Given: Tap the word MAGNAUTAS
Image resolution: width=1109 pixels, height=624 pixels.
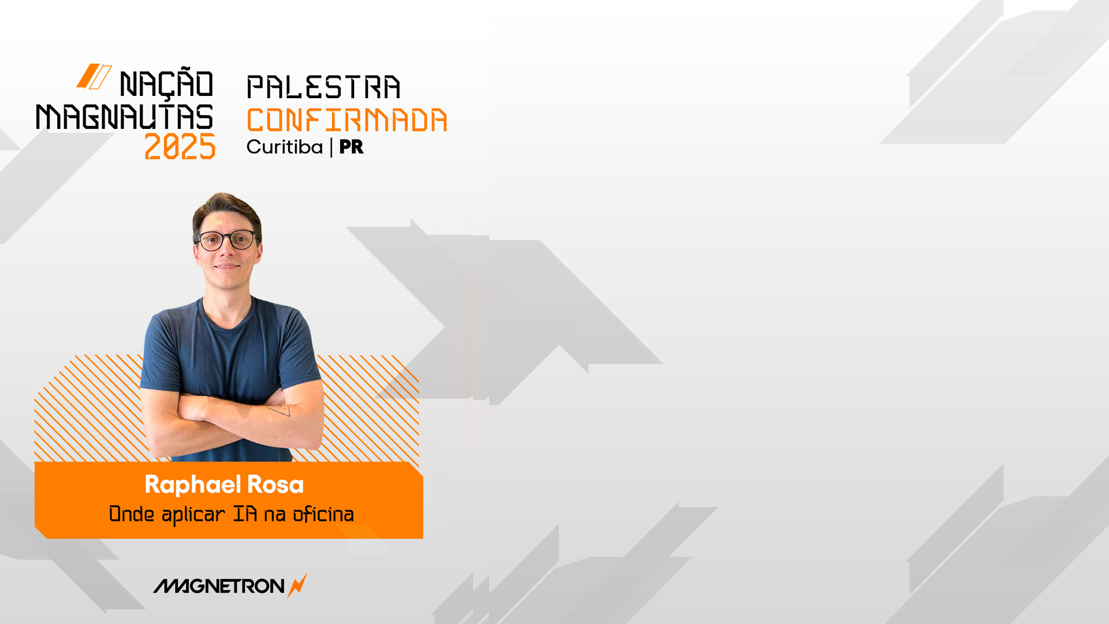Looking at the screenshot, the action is pyautogui.click(x=125, y=117).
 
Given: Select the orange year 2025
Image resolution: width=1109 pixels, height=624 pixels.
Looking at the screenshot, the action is pyautogui.click(x=180, y=147).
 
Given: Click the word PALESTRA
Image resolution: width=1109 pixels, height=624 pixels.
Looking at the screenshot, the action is pyautogui.click(x=323, y=87).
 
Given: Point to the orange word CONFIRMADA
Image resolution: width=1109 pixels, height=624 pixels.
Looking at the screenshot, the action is pyautogui.click(x=347, y=120).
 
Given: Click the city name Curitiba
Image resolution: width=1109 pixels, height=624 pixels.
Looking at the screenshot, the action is pyautogui.click(x=285, y=147).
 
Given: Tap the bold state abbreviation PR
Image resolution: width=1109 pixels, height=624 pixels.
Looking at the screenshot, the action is pyautogui.click(x=351, y=147).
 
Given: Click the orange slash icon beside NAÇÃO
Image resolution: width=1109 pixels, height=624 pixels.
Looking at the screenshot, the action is pyautogui.click(x=94, y=76).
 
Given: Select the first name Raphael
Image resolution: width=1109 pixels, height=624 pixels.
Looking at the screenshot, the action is pyautogui.click(x=192, y=484).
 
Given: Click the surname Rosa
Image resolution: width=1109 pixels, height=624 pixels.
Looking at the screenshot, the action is pyautogui.click(x=276, y=485).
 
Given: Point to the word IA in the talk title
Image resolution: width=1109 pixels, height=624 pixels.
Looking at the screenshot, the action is pyautogui.click(x=245, y=514).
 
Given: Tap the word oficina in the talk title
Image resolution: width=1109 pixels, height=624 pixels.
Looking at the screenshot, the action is pyautogui.click(x=323, y=514).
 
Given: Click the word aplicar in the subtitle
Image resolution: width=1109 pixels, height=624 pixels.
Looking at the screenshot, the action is pyautogui.click(x=193, y=515).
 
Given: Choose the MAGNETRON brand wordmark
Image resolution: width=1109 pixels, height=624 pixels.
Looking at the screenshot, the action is pyautogui.click(x=219, y=586).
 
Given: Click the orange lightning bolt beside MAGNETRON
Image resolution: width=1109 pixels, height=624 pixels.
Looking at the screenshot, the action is pyautogui.click(x=297, y=586).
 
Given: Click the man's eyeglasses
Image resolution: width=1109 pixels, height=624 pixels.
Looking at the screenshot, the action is pyautogui.click(x=228, y=240).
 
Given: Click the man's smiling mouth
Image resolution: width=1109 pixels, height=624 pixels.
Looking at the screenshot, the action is pyautogui.click(x=227, y=266).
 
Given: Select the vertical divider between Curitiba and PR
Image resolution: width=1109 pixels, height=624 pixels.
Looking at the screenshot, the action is pyautogui.click(x=332, y=147).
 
